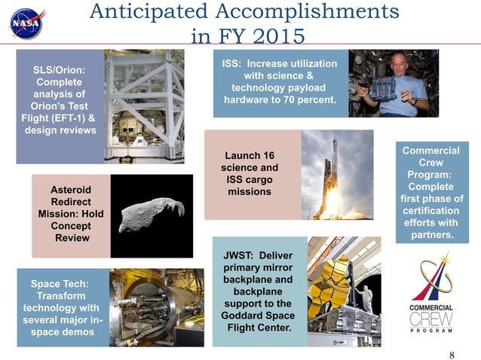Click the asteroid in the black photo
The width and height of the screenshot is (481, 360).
point(151,214)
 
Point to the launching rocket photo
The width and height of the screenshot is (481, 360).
point(336,175)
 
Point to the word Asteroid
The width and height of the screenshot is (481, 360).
point(71,190)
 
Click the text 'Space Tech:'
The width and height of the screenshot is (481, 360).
point(60,284)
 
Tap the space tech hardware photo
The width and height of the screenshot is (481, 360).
point(155,307)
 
